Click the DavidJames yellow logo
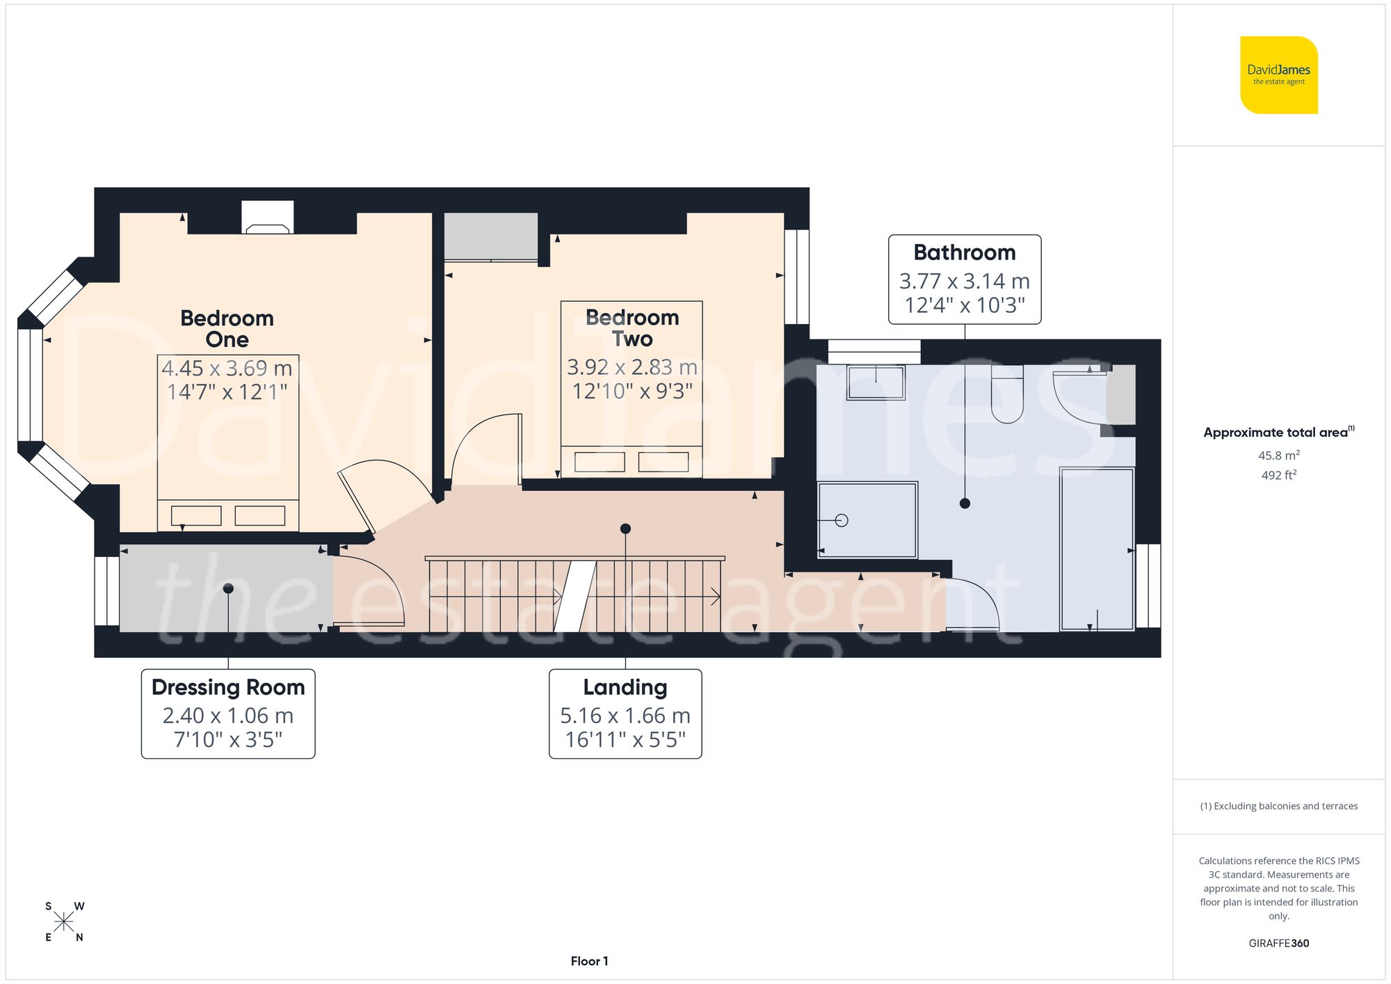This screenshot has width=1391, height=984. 1278,75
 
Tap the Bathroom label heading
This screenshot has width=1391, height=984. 964,252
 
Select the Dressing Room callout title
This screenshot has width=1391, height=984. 228,687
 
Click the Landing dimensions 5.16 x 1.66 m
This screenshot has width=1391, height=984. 625,716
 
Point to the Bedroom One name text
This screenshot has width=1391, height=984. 227,328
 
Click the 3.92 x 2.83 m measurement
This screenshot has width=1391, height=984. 632,366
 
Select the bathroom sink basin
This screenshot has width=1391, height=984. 875,382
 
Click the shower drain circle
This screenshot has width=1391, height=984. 842,520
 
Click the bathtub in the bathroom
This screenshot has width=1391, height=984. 1097,549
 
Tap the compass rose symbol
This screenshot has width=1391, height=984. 63,922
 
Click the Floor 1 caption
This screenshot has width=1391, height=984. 589,961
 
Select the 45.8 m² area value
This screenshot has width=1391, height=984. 1278,455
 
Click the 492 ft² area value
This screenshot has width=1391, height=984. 1278,475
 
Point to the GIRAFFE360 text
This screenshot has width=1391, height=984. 1278,943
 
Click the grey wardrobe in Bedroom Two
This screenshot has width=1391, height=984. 490,236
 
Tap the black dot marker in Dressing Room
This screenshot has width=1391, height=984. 228,589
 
